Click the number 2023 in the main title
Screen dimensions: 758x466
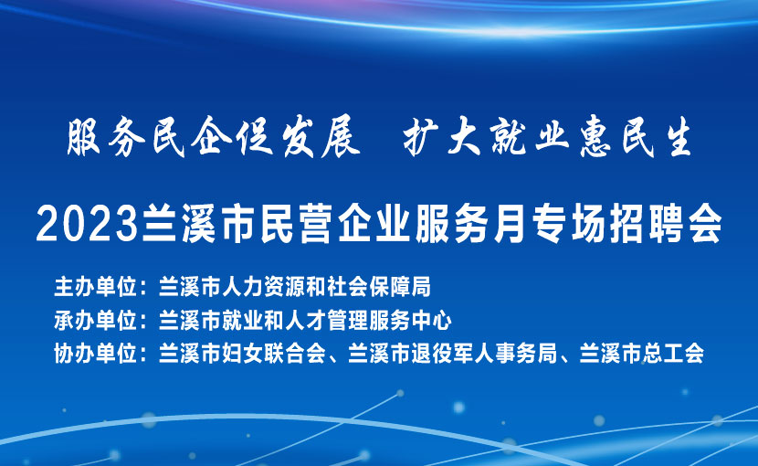tap(89, 224)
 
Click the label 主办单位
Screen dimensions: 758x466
tap(96, 287)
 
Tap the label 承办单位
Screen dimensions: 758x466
tap(96, 321)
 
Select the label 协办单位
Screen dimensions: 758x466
tap(96, 354)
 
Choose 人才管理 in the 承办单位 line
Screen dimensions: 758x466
tap(327, 321)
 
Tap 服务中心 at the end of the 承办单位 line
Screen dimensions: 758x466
tap(411, 321)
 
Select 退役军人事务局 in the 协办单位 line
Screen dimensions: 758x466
tap(485, 354)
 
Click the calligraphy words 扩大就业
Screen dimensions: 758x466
tap(487, 137)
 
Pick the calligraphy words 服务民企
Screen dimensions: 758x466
tap(146, 137)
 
